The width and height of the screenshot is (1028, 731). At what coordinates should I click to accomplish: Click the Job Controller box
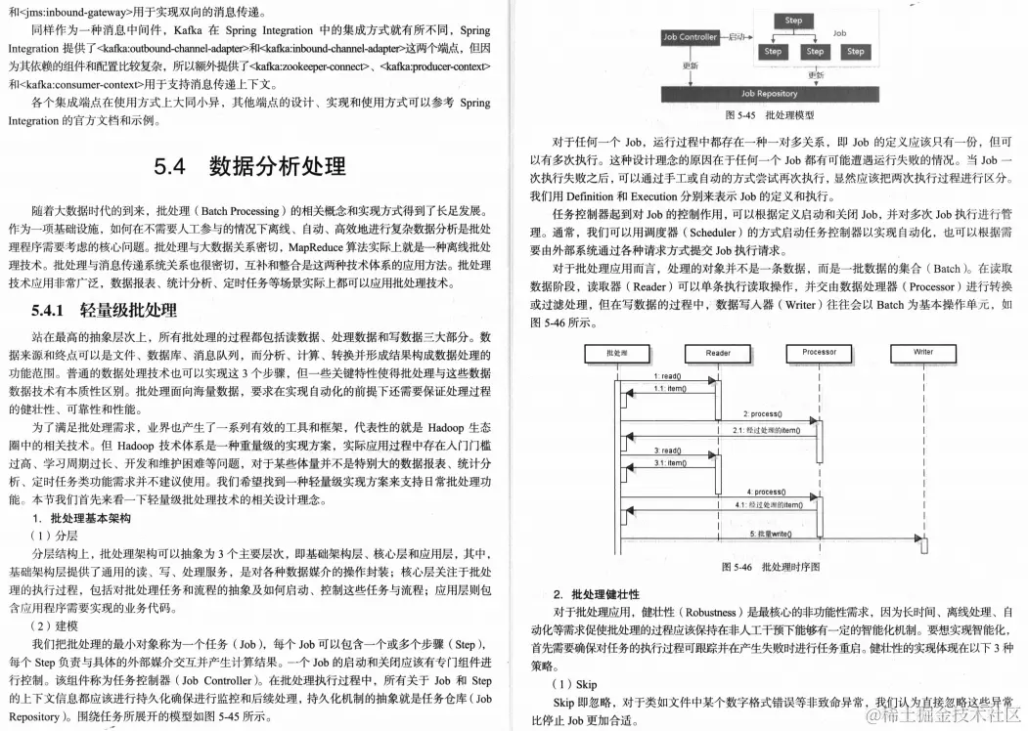[690, 37]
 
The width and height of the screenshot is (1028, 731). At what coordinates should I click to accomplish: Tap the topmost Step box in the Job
[793, 21]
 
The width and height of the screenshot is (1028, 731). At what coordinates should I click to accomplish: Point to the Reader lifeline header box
[717, 353]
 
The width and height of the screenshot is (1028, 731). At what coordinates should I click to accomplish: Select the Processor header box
[819, 353]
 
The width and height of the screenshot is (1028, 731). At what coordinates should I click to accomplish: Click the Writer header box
[923, 353]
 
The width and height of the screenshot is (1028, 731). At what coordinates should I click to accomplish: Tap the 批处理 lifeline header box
[617, 353]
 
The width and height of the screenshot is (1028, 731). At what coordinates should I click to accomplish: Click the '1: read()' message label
[667, 376]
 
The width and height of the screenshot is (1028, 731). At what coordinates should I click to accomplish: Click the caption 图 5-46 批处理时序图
[770, 567]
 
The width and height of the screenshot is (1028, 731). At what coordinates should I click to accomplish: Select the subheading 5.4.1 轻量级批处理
[104, 311]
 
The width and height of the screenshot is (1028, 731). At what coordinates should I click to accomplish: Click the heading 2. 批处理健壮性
[596, 594]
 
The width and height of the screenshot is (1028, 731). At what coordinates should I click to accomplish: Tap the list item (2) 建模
[53, 624]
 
